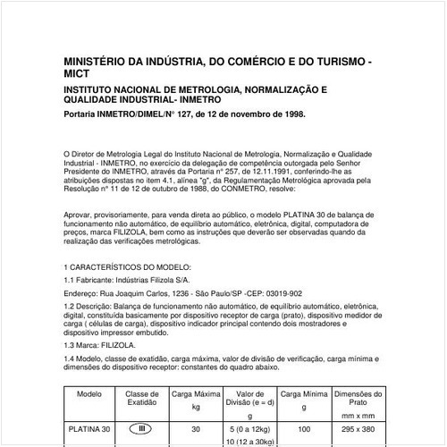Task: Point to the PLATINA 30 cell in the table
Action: point(89,429)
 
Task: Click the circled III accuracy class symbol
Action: point(141,429)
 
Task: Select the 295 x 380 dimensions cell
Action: point(358,429)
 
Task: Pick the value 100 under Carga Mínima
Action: point(303,429)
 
